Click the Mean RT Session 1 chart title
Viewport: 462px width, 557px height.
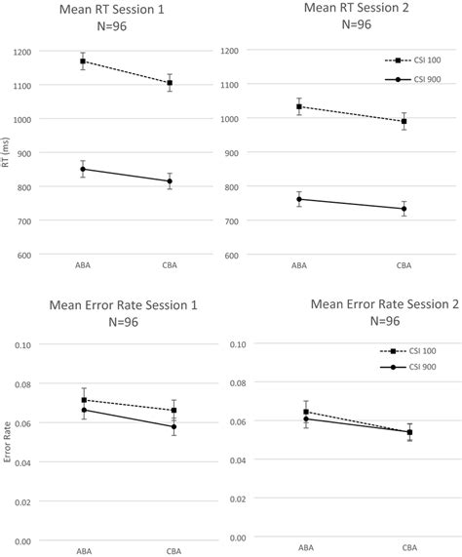(112, 10)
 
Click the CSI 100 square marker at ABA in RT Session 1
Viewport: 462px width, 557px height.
(83, 61)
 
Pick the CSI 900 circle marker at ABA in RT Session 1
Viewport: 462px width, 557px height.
(83, 169)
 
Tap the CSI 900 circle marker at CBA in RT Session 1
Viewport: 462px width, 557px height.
(170, 180)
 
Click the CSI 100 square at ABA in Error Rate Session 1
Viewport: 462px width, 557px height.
(83, 400)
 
